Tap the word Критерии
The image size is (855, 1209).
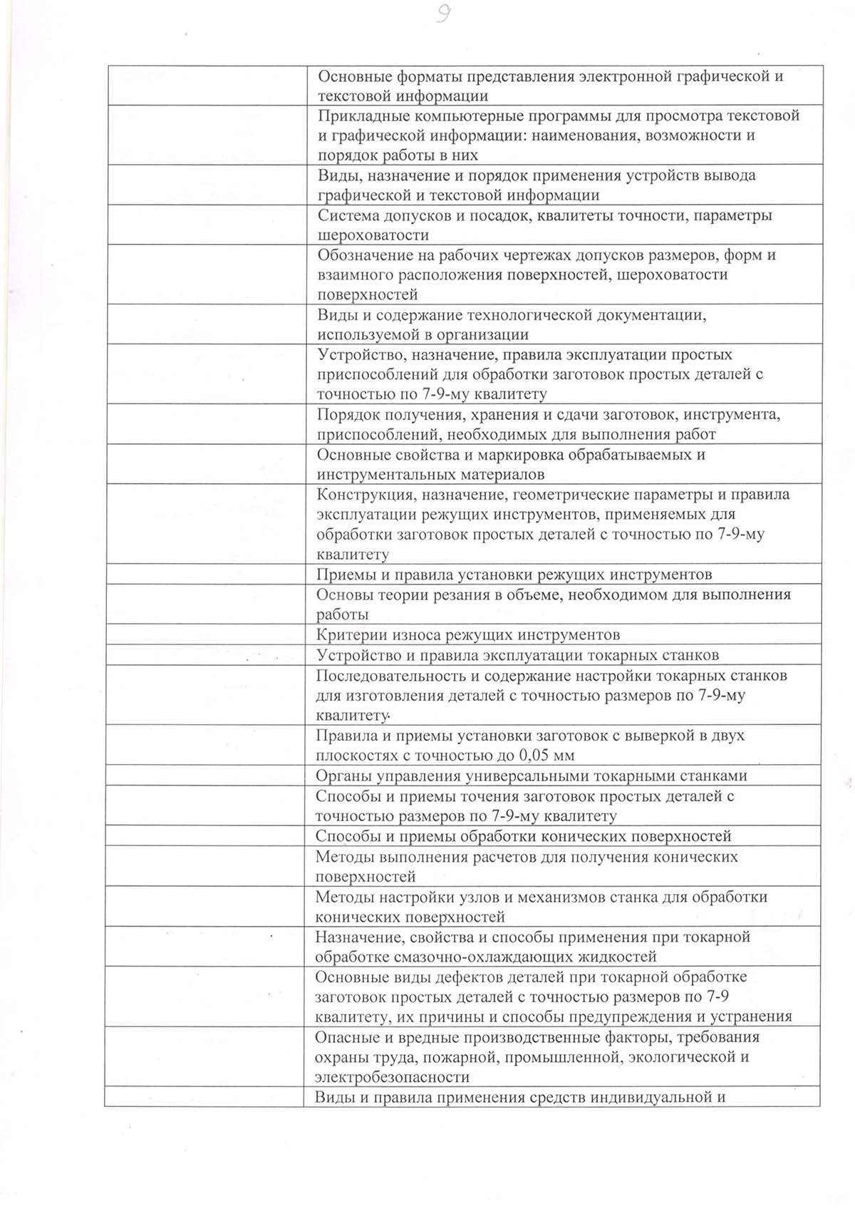coord(348,634)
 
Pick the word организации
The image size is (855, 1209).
coord(484,334)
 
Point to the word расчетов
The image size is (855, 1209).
coord(505,856)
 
